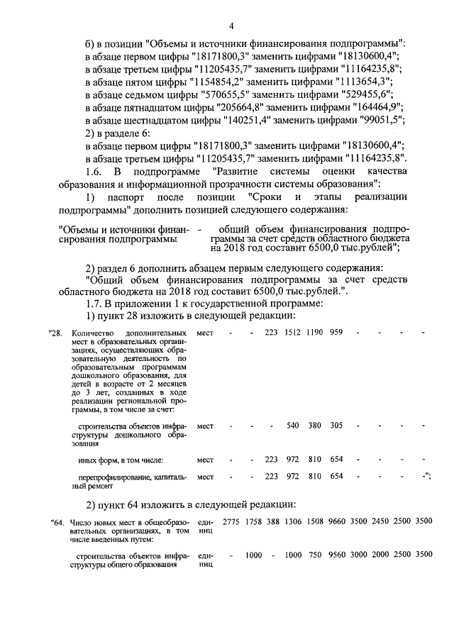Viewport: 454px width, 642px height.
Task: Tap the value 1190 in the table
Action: click(314, 332)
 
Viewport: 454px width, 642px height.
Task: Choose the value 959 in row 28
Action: click(336, 332)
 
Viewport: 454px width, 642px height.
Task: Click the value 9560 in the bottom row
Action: click(337, 554)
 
